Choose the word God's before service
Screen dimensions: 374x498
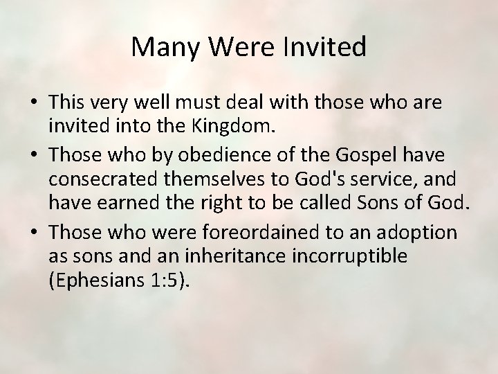313,180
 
